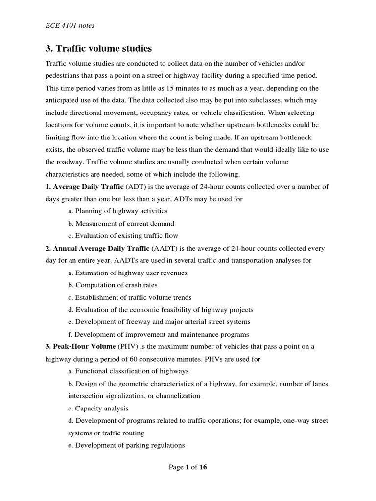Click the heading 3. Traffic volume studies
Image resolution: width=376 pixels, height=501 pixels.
coord(98,49)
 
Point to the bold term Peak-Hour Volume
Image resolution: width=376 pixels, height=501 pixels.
coord(85,347)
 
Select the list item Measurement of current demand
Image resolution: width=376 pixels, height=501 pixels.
coord(121,224)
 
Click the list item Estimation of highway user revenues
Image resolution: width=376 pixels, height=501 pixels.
coord(128,273)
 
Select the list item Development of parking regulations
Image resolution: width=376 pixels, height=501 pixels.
coord(126,445)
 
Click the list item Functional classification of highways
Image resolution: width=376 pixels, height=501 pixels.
coord(128,371)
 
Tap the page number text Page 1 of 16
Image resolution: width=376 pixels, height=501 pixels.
coord(188,467)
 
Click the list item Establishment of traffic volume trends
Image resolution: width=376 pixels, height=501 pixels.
coord(130,297)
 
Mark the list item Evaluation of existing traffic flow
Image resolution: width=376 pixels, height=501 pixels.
coord(123,236)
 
